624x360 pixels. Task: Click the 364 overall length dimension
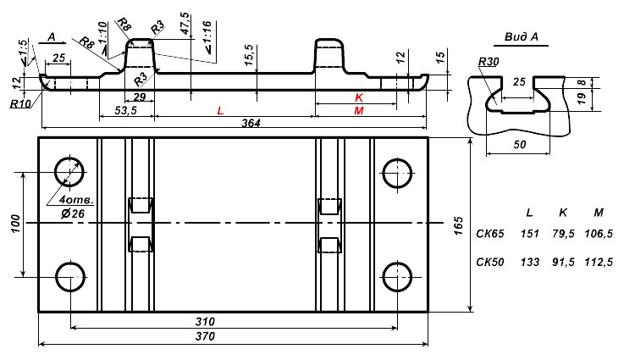[251, 123]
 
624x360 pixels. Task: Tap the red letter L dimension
[220, 111]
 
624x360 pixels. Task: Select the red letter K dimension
[359, 97]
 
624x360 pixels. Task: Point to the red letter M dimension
[358, 111]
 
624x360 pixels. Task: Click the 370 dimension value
[205, 336]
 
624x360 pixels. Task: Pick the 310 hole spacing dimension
[205, 321]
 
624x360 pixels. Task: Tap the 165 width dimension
[458, 226]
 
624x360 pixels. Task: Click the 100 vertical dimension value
[15, 224]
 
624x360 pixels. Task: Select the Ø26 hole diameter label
[73, 213]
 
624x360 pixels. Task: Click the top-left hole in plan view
[69, 172]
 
